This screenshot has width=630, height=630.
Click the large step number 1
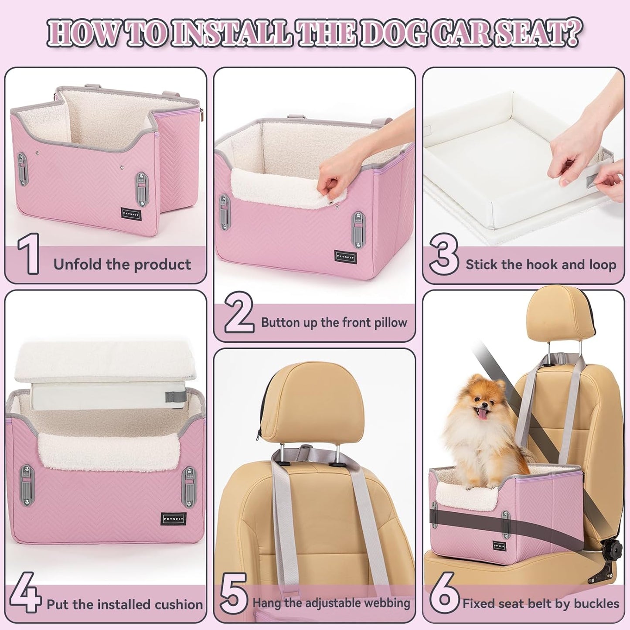29,254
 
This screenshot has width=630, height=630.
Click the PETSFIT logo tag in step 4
174,519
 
